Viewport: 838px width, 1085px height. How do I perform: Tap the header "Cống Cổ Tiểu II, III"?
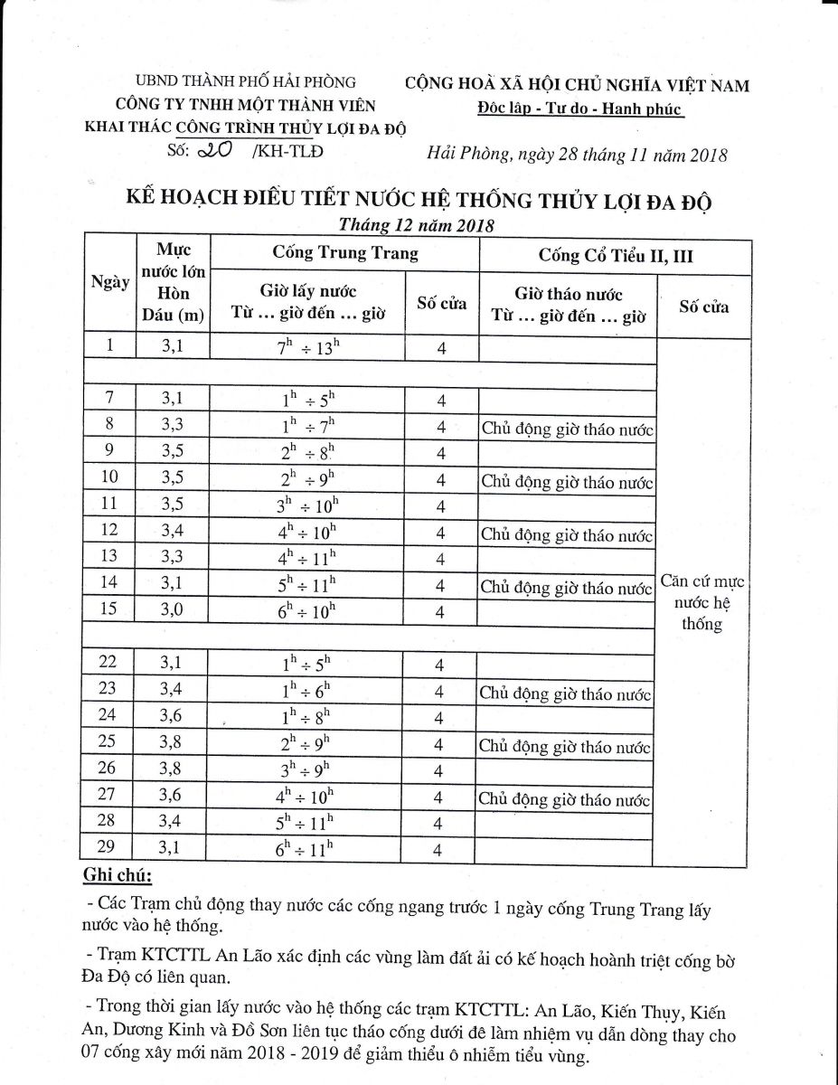click(615, 256)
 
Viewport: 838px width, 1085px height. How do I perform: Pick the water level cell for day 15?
click(171, 610)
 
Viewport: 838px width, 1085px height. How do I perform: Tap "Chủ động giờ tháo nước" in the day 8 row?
click(567, 429)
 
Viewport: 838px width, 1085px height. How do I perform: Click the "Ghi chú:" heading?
click(118, 875)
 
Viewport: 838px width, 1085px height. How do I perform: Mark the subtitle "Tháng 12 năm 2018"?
click(417, 225)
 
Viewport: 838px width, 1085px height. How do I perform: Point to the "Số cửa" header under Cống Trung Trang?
click(441, 303)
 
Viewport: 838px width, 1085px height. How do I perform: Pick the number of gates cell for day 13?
click(441, 558)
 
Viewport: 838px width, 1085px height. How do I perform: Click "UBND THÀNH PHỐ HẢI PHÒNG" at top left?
click(245, 82)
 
